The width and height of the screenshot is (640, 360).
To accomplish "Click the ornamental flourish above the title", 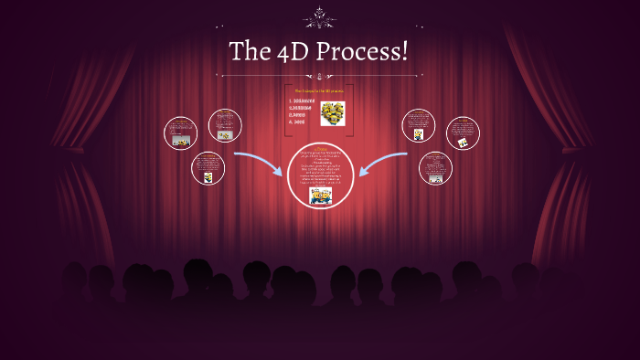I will point(320,16).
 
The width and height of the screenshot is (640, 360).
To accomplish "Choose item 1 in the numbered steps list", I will point(301,101).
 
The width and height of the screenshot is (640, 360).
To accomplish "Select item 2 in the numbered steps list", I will point(301,108).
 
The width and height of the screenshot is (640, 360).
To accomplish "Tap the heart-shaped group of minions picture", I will point(333,112).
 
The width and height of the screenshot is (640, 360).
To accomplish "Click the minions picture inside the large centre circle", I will point(320,196).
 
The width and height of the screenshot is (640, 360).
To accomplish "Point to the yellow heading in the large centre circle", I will point(320,148).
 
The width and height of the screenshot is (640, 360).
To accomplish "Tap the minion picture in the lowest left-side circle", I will point(208,176).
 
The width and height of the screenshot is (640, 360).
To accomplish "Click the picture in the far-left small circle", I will point(182,142).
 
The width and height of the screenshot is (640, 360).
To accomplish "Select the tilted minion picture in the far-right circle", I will point(464,143).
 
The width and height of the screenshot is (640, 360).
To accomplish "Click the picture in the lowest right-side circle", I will point(436,178).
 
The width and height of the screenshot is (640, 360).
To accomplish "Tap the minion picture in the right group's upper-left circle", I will point(419,134).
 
